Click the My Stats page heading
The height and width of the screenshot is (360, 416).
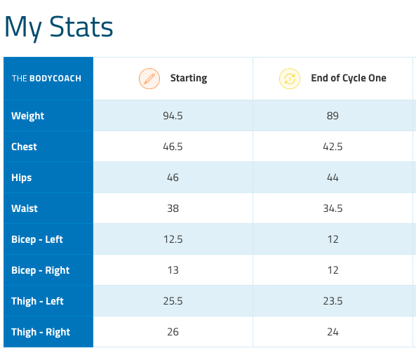[x=59, y=27]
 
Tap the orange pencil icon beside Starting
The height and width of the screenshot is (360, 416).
[x=149, y=79]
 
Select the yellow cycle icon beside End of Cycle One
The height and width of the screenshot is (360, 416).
[x=290, y=79]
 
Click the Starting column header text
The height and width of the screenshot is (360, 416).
[x=189, y=79]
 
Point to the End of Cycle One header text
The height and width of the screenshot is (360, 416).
[x=349, y=79]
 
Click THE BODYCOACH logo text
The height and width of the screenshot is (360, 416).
[x=46, y=79]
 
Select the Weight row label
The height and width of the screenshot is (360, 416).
[x=27, y=116]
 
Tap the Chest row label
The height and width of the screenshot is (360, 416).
[x=24, y=147]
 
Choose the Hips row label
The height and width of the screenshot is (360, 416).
[x=22, y=178]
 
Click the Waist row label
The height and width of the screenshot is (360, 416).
[x=25, y=208]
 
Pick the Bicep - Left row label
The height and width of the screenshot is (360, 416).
[x=37, y=239]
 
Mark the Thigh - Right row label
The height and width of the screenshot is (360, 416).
[x=41, y=332]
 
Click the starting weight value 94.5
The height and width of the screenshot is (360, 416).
[x=173, y=116]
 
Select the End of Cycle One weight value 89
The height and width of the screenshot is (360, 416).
[x=333, y=116]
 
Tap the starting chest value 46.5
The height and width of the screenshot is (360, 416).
[x=173, y=147]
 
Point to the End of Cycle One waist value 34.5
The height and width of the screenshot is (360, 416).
[x=333, y=208]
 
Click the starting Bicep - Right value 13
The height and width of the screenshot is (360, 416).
[x=173, y=270]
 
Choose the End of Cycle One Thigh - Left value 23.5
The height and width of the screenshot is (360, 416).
[x=333, y=301]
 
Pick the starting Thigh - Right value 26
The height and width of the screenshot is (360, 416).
[x=173, y=332]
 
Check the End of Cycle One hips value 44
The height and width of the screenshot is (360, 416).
[x=333, y=178]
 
